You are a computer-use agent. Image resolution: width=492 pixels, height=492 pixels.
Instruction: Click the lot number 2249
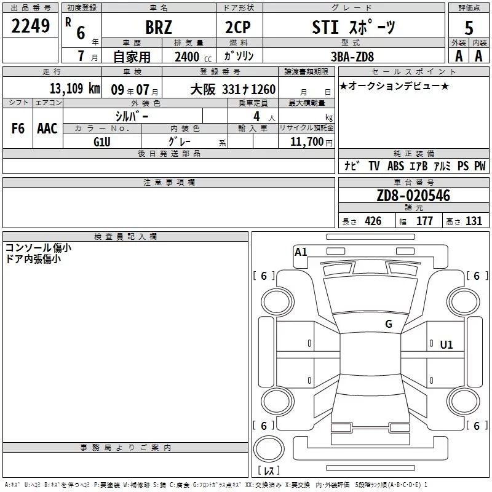pyautogui.click(x=30, y=26)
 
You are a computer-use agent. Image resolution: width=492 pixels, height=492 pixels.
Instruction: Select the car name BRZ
pyautogui.click(x=159, y=27)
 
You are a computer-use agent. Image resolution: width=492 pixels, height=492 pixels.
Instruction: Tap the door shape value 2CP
pyautogui.click(x=238, y=27)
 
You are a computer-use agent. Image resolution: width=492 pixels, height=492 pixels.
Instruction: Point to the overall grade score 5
pyautogui.click(x=469, y=28)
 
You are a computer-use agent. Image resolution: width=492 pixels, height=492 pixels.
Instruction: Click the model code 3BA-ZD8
pyautogui.click(x=352, y=57)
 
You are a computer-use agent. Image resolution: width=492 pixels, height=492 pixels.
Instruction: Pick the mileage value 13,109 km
pyautogui.click(x=74, y=89)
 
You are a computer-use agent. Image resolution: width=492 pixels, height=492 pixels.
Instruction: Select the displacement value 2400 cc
pyautogui.click(x=193, y=57)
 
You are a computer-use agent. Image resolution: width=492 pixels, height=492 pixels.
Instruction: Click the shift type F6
pyautogui.click(x=18, y=129)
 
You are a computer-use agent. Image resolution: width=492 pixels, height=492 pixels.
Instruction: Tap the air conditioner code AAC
pyautogui.click(x=47, y=129)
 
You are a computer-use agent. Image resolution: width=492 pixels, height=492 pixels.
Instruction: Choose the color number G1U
pyautogui.click(x=102, y=142)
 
